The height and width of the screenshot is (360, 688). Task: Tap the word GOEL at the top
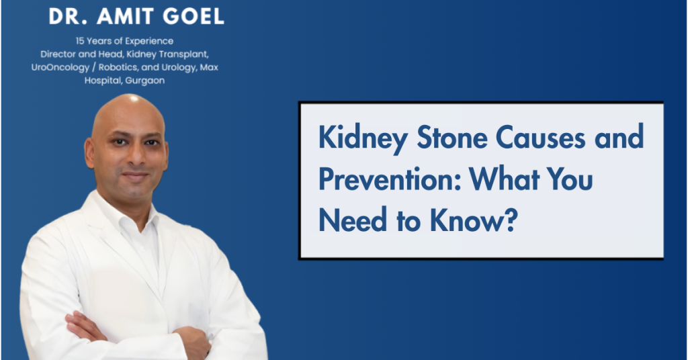[x=193, y=16]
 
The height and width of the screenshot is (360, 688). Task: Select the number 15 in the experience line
[x=80, y=41]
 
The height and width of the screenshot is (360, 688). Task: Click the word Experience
[x=150, y=41]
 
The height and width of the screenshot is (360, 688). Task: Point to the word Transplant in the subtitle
[x=183, y=54]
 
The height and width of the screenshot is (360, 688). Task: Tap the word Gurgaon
[x=145, y=81]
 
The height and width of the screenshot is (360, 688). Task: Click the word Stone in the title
[x=452, y=137]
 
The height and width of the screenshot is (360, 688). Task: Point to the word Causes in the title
[x=541, y=137]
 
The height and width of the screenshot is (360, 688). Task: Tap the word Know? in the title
[x=474, y=220]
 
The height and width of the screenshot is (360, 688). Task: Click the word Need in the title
[x=353, y=220]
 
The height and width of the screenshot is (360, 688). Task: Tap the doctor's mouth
[x=134, y=175]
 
